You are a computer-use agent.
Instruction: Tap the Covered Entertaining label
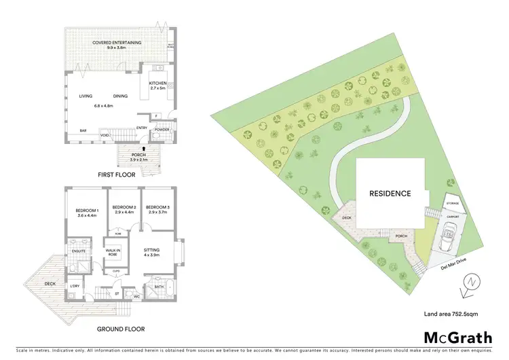(117, 42)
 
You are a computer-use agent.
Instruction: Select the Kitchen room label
(157, 84)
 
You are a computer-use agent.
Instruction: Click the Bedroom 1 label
(88, 210)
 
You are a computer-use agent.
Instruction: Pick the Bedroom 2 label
(124, 206)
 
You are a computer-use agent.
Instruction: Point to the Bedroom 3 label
(157, 206)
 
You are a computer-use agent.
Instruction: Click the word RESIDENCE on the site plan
(390, 194)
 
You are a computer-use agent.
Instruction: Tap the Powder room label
(162, 129)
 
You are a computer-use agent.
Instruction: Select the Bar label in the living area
(83, 130)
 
